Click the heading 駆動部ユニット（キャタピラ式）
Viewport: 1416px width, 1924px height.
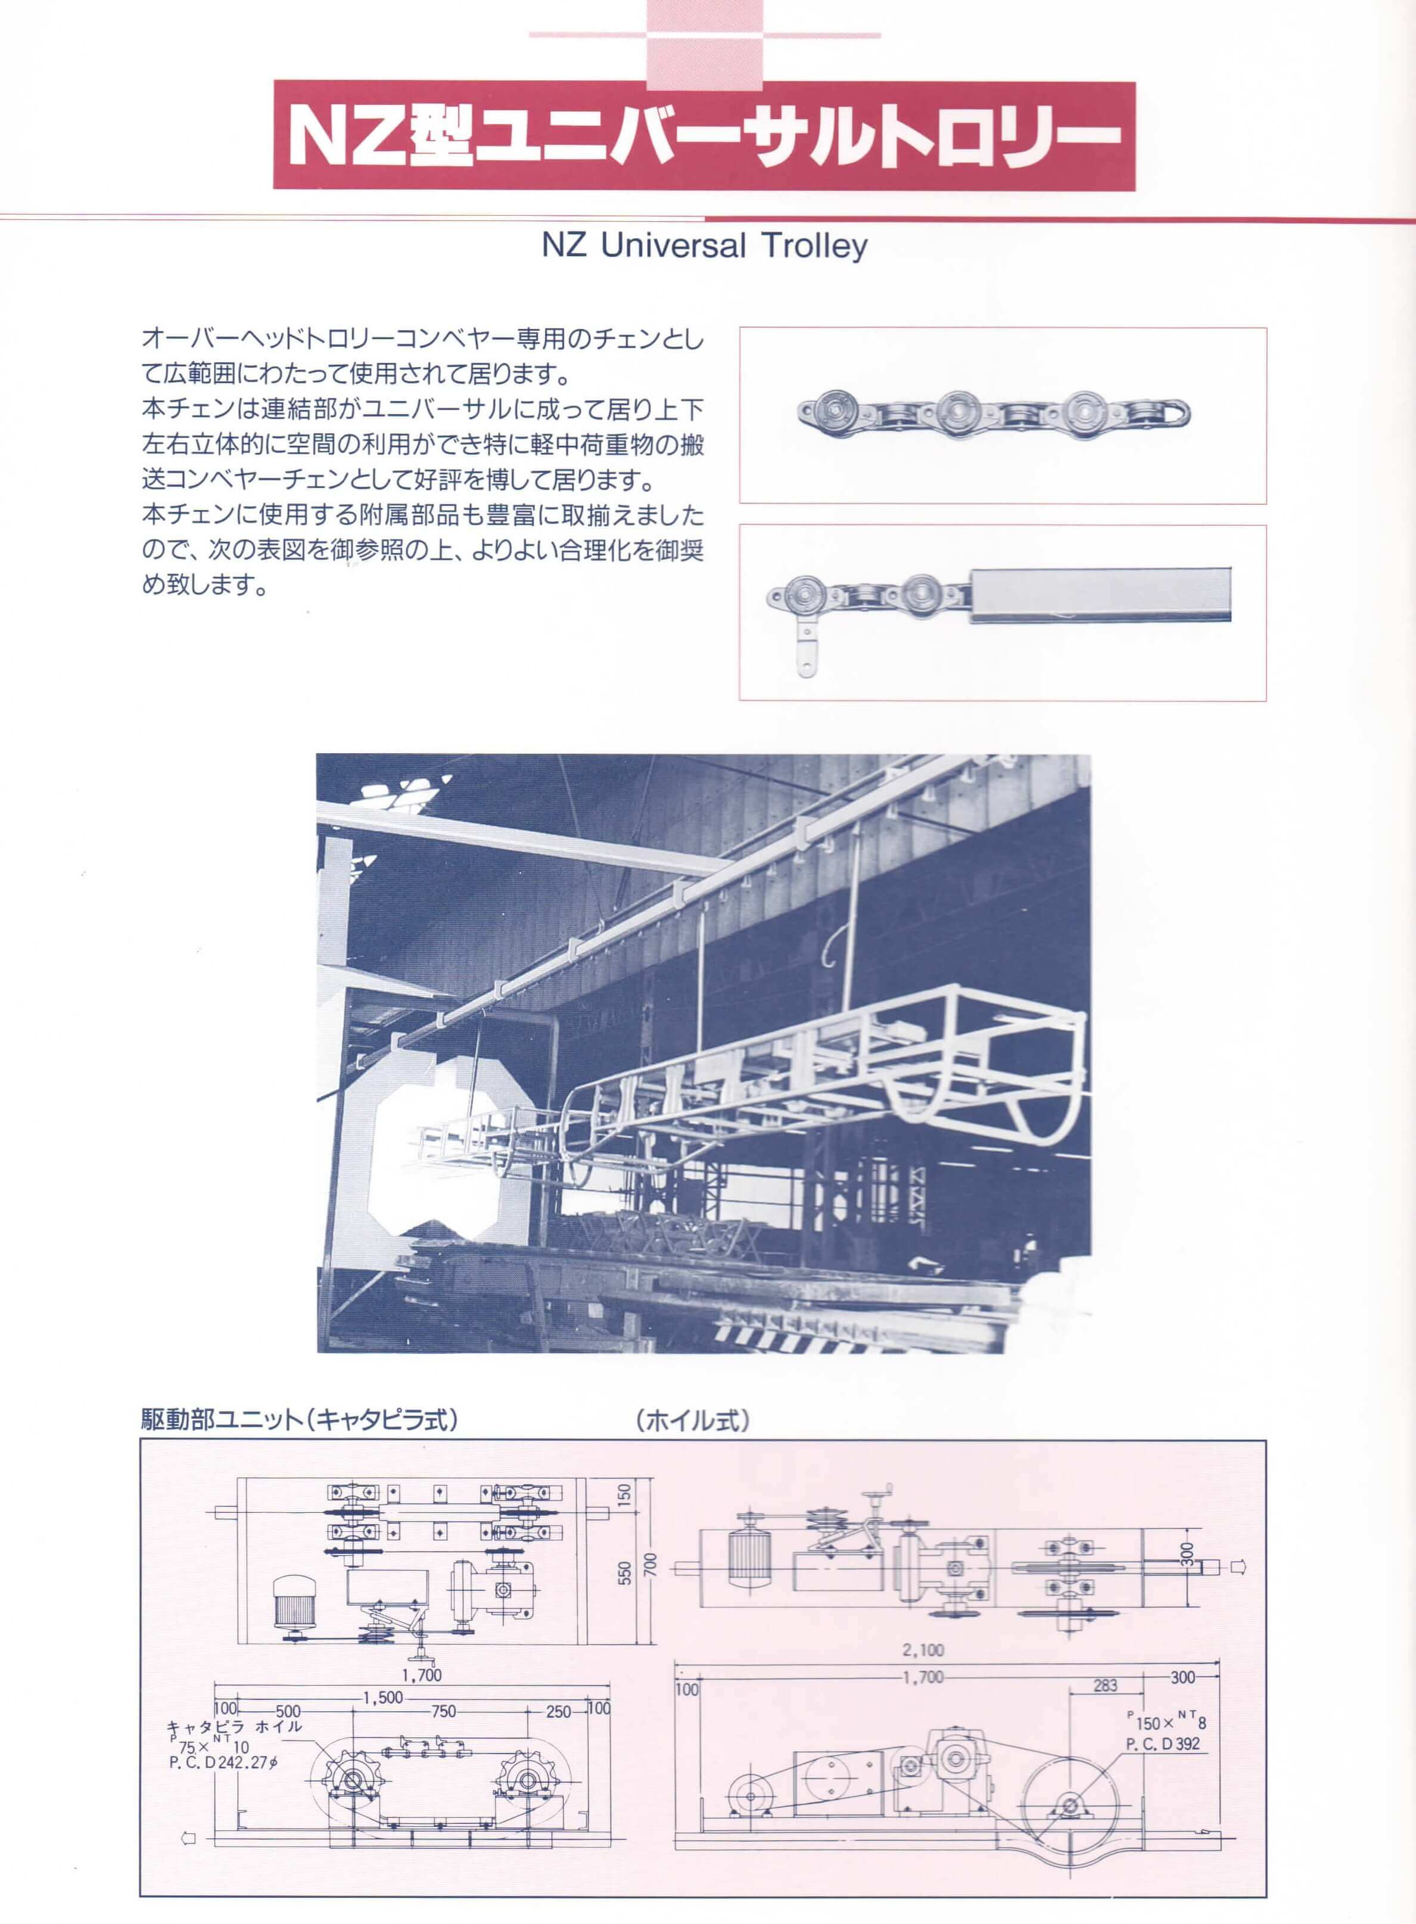299,1421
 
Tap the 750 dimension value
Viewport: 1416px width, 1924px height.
443,1711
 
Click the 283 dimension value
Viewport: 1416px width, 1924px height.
1105,1686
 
